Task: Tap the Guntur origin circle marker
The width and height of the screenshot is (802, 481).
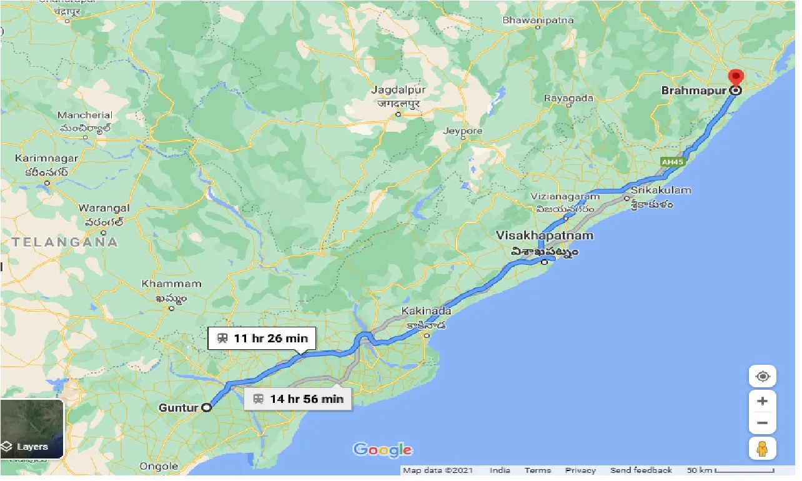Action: (x=206, y=408)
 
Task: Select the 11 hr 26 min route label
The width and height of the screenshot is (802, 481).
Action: (x=262, y=339)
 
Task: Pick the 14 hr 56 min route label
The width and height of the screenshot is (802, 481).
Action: (x=299, y=399)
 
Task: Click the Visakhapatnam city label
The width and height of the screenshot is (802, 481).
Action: (x=545, y=236)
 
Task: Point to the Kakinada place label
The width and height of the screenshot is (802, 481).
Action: (x=426, y=310)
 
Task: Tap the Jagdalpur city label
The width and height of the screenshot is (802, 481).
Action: (x=397, y=91)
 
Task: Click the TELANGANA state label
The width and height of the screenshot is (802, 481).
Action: (x=65, y=242)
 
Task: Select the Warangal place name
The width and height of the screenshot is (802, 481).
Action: (x=104, y=208)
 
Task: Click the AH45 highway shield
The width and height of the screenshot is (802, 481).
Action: (x=670, y=161)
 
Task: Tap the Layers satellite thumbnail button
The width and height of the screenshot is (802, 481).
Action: (x=32, y=429)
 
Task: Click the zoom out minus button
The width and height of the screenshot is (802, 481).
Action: (x=762, y=423)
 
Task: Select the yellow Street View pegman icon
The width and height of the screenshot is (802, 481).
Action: (x=762, y=449)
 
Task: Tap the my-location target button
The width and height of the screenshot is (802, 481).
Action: (x=762, y=377)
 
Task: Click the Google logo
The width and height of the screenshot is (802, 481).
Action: (x=382, y=450)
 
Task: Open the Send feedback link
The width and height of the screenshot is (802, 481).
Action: (x=641, y=470)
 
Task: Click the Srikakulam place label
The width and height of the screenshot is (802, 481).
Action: (x=661, y=190)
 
